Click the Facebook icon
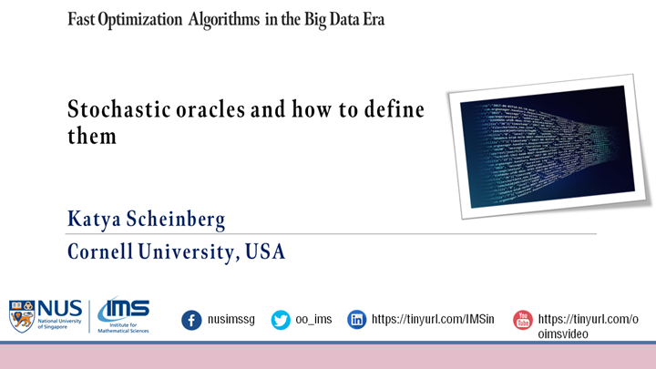pyautogui.click(x=191, y=320)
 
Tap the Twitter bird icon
pyautogui.click(x=281, y=320)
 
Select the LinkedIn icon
pyautogui.click(x=357, y=320)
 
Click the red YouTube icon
pyautogui.click(x=522, y=320)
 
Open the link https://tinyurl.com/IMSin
pyautogui.click(x=433, y=320)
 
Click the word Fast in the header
pyautogui.click(x=84, y=19)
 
